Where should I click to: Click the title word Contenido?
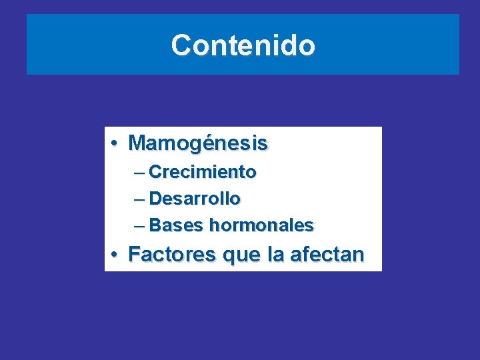tap(243, 45)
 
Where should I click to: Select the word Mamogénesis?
tap(198, 143)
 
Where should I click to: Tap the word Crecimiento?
tap(203, 172)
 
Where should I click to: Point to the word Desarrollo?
tap(195, 199)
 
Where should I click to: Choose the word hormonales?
tap(261, 225)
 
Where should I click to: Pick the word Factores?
tap(172, 254)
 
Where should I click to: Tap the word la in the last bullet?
tap(275, 254)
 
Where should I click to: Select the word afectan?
tap(327, 254)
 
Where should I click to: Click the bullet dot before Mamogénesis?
tap(115, 143)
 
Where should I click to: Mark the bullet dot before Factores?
tap(115, 254)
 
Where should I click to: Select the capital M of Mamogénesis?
tap(137, 143)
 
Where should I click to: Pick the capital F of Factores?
tap(134, 254)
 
